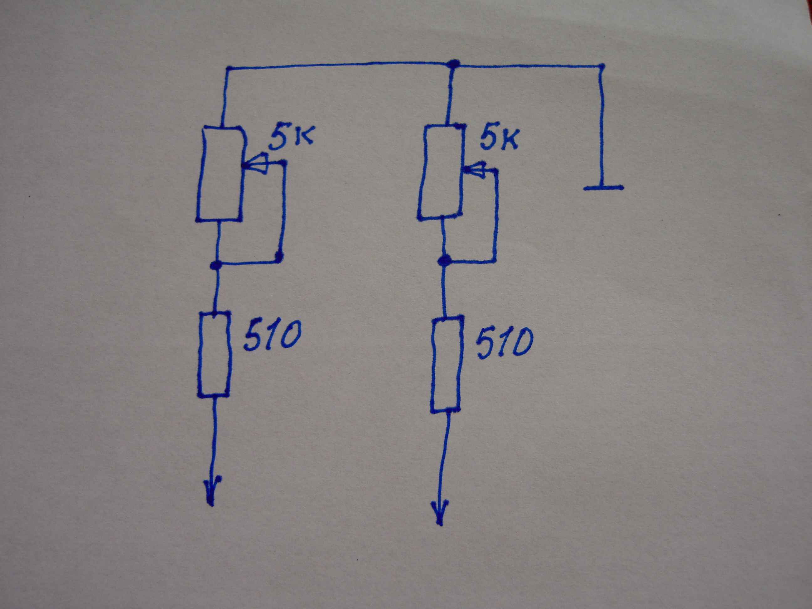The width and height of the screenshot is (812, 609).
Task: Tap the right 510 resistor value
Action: [504, 343]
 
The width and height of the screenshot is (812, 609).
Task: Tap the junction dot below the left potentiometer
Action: [216, 265]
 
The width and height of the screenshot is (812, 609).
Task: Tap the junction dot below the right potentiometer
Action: [445, 261]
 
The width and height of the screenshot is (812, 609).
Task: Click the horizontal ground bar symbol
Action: [603, 188]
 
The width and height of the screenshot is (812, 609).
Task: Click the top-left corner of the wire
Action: [228, 69]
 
